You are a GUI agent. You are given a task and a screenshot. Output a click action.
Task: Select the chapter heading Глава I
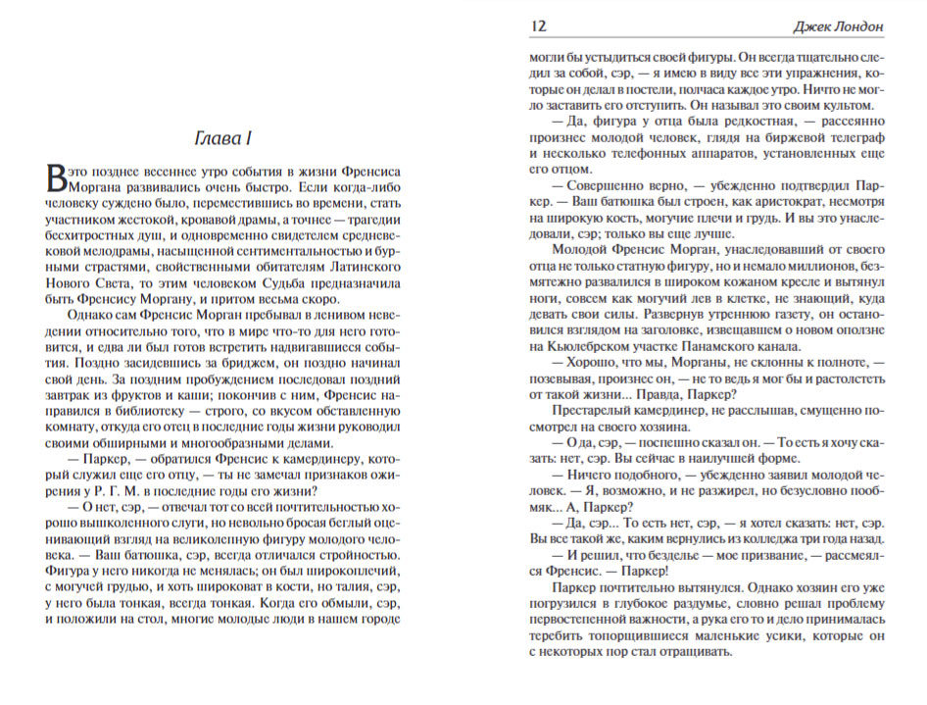[223, 136]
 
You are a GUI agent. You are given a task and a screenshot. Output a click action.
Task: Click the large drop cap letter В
[57, 176]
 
